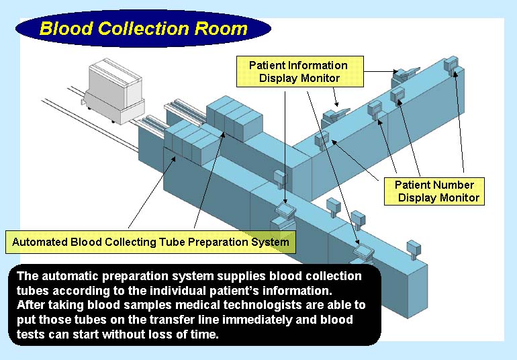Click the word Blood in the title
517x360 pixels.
(66, 29)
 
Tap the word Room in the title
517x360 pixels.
(221, 29)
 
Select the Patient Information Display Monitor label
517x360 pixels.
(300, 72)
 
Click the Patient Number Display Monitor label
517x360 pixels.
(434, 191)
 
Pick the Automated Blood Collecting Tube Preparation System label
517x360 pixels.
(150, 242)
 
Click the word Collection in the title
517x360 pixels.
(144, 29)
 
